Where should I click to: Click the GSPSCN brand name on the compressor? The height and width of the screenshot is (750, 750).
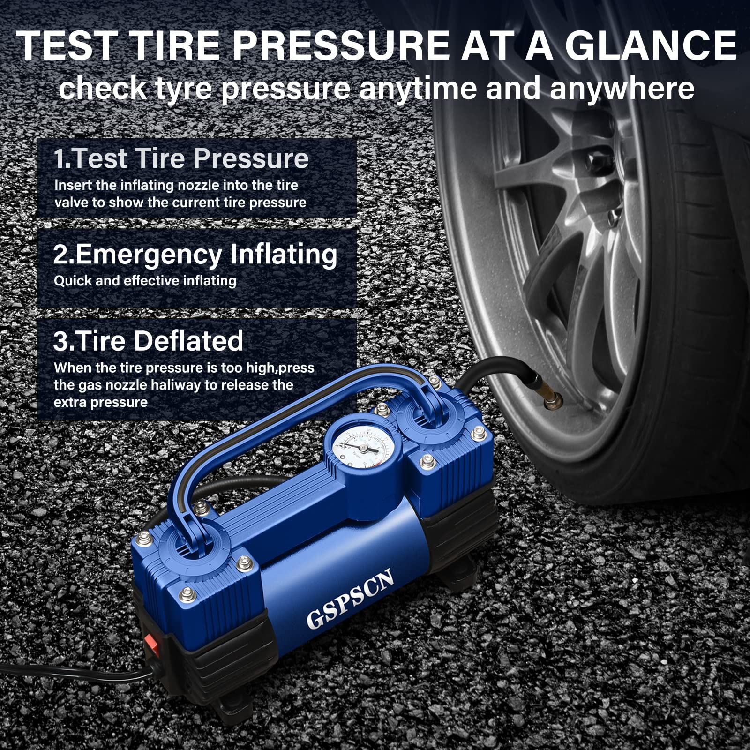tap(350, 599)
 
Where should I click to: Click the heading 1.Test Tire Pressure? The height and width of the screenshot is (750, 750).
tap(181, 158)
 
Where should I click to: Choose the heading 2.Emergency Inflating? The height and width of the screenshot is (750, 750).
tap(195, 255)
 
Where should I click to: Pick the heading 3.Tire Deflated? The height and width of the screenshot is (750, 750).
tap(148, 341)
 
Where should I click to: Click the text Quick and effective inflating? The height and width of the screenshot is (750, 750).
tap(145, 281)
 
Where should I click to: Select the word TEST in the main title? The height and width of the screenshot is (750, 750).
tap(67, 46)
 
